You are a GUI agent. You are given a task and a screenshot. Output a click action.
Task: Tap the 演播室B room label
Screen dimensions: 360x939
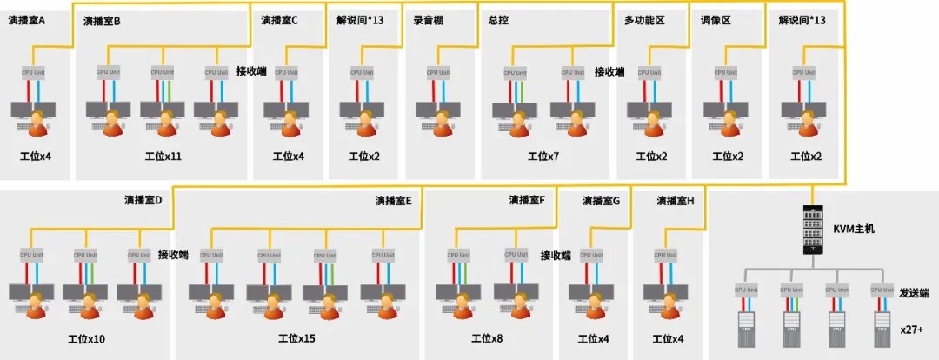(102, 20)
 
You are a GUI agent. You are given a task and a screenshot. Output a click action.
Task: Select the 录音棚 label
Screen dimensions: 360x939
(428, 20)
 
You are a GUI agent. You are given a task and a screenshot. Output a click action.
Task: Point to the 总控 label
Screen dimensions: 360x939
(498, 20)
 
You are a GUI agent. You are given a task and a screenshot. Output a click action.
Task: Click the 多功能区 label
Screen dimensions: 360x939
(644, 20)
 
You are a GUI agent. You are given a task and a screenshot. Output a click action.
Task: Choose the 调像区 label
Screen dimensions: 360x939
(716, 20)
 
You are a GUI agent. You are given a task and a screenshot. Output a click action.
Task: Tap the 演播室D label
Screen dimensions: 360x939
(143, 200)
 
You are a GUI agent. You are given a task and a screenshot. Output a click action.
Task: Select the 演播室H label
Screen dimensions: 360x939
(675, 200)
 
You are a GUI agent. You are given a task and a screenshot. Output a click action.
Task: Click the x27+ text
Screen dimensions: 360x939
(913, 331)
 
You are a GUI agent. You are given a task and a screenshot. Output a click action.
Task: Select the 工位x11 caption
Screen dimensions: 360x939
(163, 157)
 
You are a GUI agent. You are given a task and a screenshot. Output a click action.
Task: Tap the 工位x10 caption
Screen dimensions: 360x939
(86, 338)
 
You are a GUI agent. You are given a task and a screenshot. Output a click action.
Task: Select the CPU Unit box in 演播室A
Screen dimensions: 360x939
(33, 71)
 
